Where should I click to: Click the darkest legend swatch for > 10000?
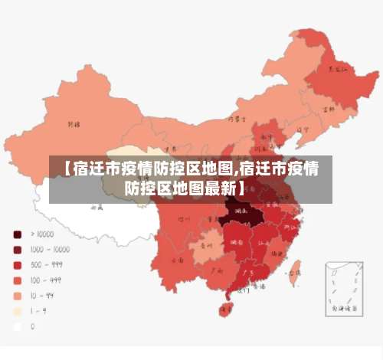coord(17,234)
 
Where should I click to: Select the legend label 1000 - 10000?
coord(50,249)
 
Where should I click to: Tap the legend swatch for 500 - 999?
coord(17,264)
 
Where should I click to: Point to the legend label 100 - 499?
coord(45,280)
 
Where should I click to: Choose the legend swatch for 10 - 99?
coord(17,295)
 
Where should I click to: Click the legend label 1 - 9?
coord(38,310)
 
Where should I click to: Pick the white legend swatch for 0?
coord(17,326)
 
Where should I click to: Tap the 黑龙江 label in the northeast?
coord(337,68)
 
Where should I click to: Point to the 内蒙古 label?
coord(237,119)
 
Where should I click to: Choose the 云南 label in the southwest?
coord(178,260)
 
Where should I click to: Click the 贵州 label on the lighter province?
coord(205,247)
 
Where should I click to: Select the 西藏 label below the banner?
coord(97,207)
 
